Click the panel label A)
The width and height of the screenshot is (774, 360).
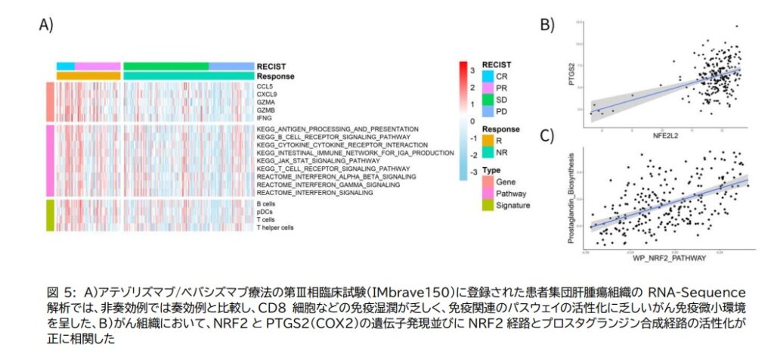pos(46,24)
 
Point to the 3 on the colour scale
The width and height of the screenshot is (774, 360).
pos(472,70)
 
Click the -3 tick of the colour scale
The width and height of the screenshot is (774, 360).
pos(471,172)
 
